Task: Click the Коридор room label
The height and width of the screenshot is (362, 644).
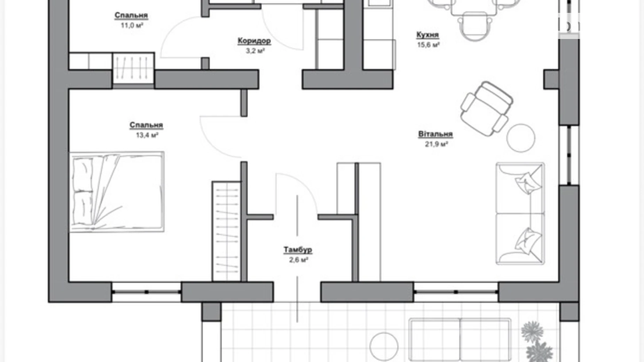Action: pos(254,41)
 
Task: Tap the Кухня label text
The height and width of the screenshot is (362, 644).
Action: pos(427,35)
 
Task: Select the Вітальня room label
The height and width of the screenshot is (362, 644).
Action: pos(435,134)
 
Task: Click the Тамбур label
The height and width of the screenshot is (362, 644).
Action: pos(298,250)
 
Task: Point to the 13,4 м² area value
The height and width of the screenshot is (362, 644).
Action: pos(147,135)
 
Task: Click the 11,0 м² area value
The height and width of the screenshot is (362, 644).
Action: pos(132,25)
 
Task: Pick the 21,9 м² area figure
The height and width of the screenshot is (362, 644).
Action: pos(436,144)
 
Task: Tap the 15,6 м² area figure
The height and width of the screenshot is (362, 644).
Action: pos(428,45)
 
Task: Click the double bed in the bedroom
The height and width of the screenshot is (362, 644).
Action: pos(117,192)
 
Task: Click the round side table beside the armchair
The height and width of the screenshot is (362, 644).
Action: pos(521,138)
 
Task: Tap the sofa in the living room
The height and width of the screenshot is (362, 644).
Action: pos(520,213)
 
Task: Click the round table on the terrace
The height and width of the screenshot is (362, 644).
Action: pos(384,347)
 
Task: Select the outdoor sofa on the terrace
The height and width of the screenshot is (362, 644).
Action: pos(460,340)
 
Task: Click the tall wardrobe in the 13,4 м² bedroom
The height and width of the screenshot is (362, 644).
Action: pos(227,231)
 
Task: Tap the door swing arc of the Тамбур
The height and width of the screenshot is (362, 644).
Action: pos(302,184)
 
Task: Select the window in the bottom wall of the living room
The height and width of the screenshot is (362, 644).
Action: pos(456,292)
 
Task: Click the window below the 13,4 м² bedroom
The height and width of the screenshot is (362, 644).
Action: pos(147,292)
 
